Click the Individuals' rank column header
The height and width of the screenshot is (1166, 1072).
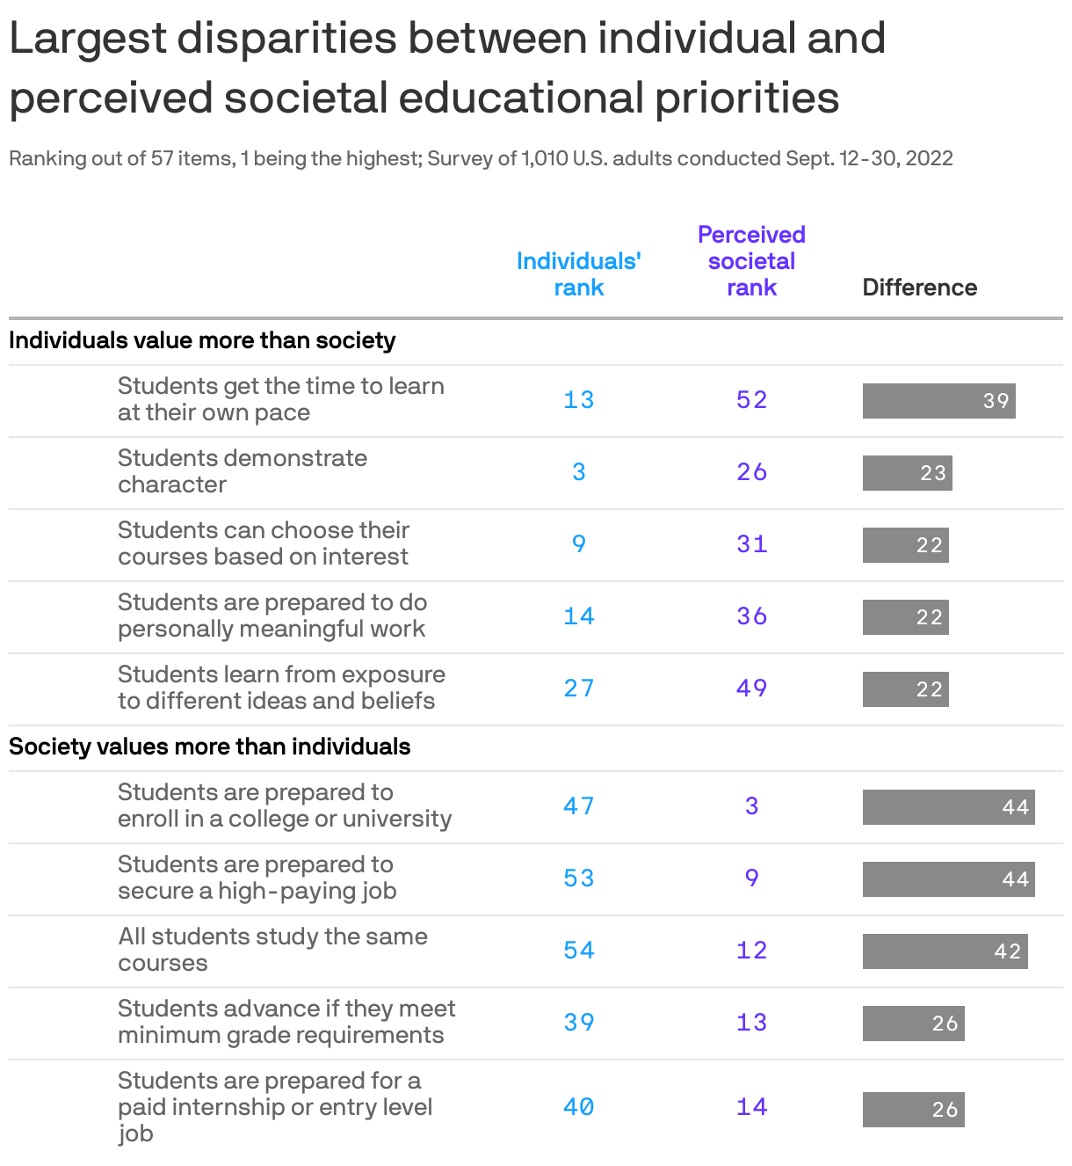click(578, 274)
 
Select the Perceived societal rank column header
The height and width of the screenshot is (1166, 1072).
click(751, 261)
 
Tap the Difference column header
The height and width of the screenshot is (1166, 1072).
click(919, 288)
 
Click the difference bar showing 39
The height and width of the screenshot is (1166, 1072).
click(938, 401)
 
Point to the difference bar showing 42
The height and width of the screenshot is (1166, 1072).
click(945, 951)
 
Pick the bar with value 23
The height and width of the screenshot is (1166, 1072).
click(907, 473)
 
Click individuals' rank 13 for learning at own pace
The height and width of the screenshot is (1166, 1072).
click(578, 400)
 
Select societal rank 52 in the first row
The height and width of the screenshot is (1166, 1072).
click(751, 400)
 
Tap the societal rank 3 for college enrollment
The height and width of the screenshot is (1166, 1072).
click(751, 806)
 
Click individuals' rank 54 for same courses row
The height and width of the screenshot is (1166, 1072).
click(578, 951)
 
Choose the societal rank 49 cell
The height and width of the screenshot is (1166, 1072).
click(751, 689)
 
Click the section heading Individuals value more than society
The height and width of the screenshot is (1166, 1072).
click(202, 340)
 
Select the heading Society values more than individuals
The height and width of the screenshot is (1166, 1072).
click(209, 747)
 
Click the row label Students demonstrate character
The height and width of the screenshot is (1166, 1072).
click(243, 471)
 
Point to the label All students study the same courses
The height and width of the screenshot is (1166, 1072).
click(272, 950)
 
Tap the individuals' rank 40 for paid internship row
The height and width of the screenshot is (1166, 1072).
click(578, 1107)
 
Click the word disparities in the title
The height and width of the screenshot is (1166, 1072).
click(287, 39)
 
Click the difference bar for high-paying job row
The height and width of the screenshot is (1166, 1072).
click(948, 879)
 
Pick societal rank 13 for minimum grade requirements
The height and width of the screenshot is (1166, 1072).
click(751, 1023)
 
